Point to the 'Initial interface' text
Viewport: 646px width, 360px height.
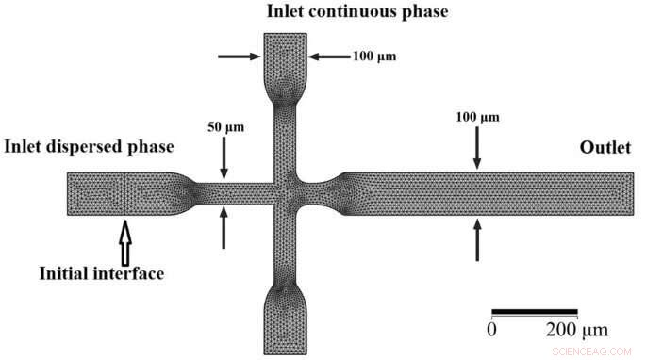coord(102,274)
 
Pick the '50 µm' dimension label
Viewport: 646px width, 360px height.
coord(224,125)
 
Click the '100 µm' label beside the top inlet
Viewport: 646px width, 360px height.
coord(373,56)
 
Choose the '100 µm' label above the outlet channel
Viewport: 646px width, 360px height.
coord(476,117)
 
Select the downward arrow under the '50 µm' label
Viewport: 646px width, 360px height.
coord(224,158)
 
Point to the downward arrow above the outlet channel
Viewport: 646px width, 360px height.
coord(476,149)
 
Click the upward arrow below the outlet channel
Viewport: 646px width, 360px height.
coord(476,237)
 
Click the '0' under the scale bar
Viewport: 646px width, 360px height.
coord(491,330)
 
